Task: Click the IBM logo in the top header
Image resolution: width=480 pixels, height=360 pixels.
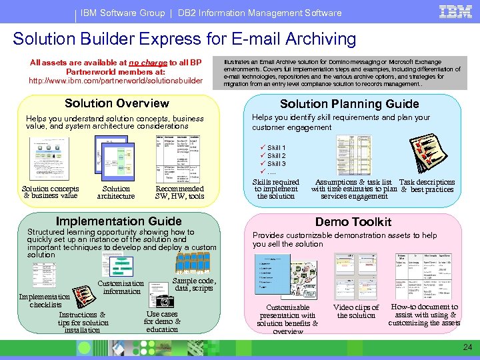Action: coord(451,11)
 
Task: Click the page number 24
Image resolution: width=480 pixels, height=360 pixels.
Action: coord(467,347)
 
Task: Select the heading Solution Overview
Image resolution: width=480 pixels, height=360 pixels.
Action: coord(117,103)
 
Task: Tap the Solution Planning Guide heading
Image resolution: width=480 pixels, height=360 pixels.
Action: coord(349,103)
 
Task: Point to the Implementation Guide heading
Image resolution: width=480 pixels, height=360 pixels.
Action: coord(119,221)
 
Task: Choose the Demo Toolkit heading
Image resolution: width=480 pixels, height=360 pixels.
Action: coord(353,221)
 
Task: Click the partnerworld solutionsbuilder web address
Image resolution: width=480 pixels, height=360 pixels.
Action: coord(115,81)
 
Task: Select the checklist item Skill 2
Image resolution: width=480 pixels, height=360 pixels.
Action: coord(277,155)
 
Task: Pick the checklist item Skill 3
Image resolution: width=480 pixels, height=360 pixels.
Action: coord(277,163)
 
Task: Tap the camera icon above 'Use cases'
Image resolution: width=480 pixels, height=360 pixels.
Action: coord(161,300)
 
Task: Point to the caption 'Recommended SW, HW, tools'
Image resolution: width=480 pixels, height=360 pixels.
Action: coord(179,192)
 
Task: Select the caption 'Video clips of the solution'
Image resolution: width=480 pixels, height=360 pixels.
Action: coord(356,311)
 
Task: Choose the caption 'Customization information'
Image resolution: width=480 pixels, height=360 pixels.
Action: coord(121,287)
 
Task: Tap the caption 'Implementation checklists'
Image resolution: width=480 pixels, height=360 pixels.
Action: coord(45,301)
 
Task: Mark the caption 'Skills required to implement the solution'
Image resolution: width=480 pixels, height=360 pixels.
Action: coord(276,189)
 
